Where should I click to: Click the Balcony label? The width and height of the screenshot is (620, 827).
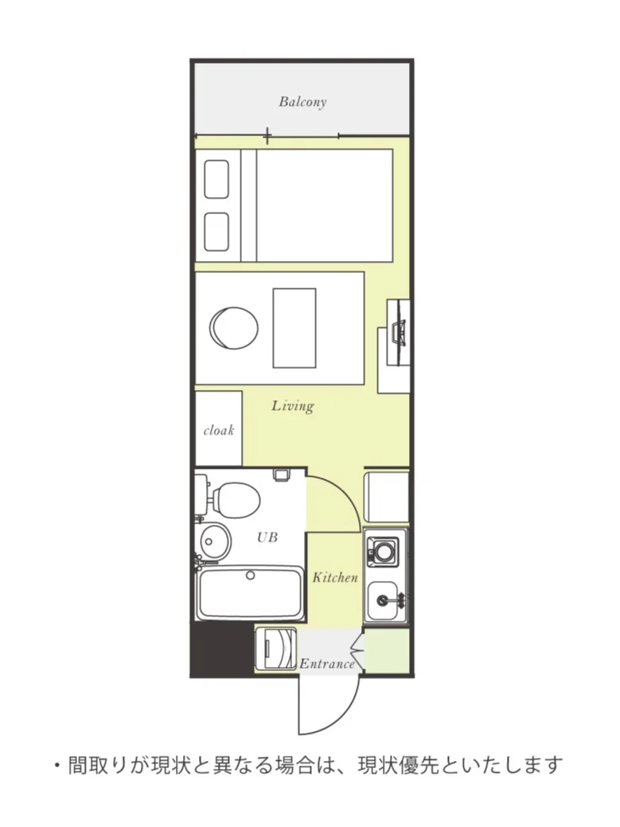coord(302,101)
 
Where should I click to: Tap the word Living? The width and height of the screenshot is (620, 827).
coord(293,406)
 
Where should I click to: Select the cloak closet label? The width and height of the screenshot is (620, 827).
coord(219,431)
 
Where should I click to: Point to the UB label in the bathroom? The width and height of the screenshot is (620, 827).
coord(267,537)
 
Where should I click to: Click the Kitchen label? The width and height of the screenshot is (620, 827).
coord(335,577)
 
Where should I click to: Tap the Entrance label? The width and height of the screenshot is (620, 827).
coord(327,664)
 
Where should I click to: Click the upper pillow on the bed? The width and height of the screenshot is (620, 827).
coord(216,179)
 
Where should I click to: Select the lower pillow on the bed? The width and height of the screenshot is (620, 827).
coord(216,232)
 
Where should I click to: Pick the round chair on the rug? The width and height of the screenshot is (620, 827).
coord(233,327)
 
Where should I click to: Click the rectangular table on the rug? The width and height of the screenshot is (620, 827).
coord(294,328)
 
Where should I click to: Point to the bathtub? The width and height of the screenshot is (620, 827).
coord(250,593)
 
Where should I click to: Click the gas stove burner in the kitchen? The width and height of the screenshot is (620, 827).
coord(384,552)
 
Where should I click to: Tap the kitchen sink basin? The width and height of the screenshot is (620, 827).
coord(383,599)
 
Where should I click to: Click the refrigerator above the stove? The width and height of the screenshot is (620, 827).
coord(387,497)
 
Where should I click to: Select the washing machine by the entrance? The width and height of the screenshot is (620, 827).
coord(275,649)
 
